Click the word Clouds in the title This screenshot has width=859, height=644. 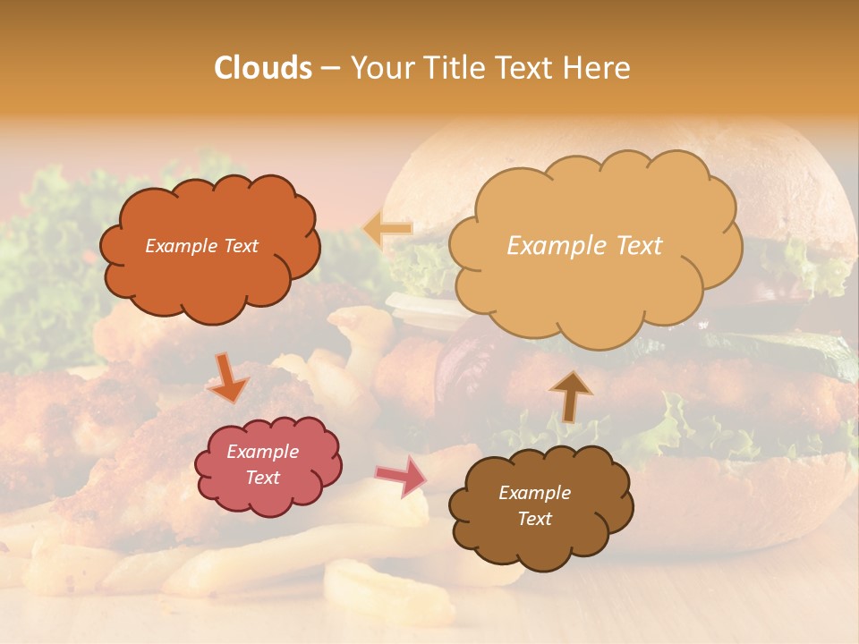pyautogui.click(x=263, y=68)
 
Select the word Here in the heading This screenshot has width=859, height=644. pyautogui.click(x=600, y=68)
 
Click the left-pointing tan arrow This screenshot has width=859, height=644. pyautogui.click(x=387, y=229)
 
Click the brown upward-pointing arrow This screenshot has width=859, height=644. pyautogui.click(x=570, y=395)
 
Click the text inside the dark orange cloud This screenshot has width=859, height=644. pyautogui.click(x=201, y=246)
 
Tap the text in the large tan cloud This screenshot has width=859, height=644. pyautogui.click(x=584, y=246)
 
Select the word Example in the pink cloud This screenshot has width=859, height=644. pyautogui.click(x=262, y=452)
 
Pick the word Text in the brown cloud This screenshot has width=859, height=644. pyautogui.click(x=534, y=519)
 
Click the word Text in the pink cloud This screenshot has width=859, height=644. pyautogui.click(x=262, y=478)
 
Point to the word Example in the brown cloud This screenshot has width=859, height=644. pyautogui.click(x=534, y=493)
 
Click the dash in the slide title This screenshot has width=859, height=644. pyautogui.click(x=329, y=68)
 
